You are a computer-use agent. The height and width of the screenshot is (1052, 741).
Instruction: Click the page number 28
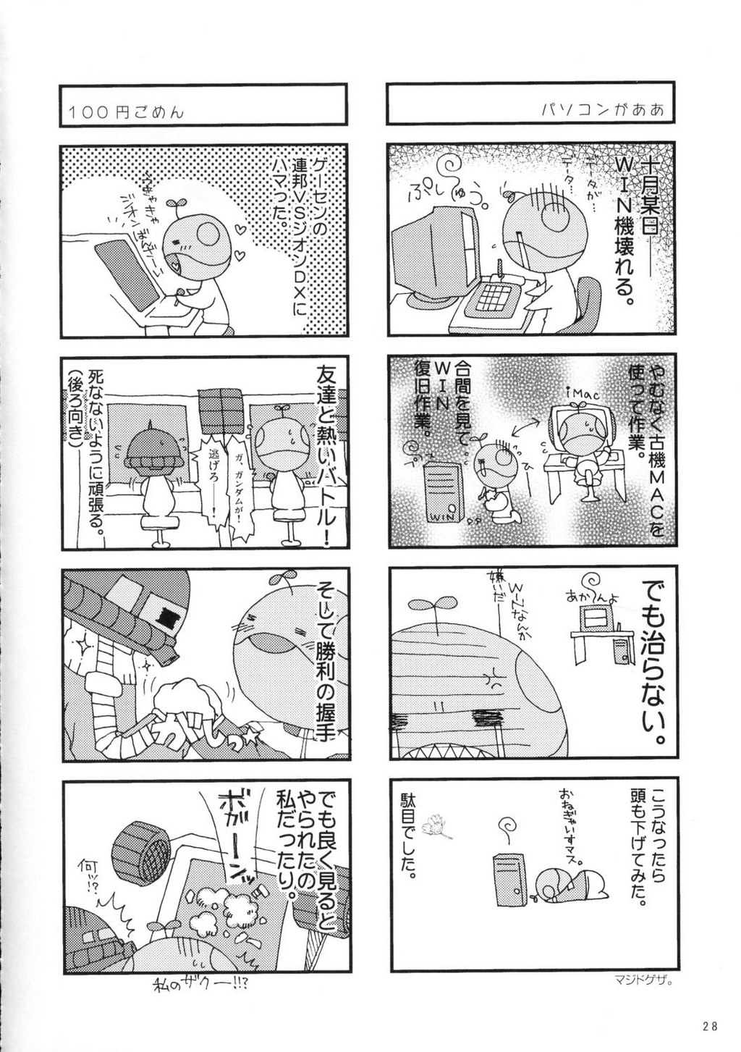709,1024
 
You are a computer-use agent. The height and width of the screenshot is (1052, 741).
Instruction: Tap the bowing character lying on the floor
572,883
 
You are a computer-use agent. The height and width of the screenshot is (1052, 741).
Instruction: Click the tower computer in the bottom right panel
509,879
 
